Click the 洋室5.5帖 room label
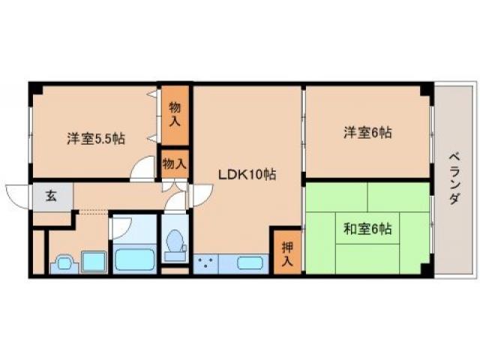point(95,138)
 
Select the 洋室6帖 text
point(368,133)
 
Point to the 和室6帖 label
point(368,228)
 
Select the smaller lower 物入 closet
point(174,163)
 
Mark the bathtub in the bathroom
point(135,260)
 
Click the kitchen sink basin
point(250,263)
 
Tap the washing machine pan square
point(94,262)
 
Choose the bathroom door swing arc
point(124,226)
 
